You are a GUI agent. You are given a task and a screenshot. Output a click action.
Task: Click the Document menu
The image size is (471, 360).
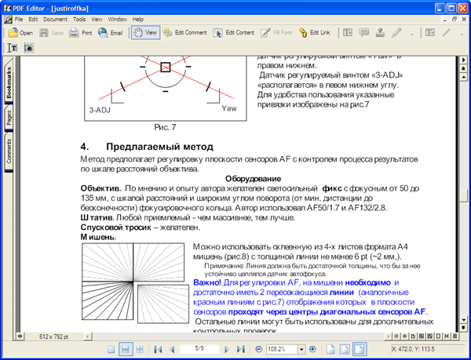click(x=55, y=18)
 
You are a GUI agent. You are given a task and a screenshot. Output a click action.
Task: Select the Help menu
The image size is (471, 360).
click(x=138, y=18)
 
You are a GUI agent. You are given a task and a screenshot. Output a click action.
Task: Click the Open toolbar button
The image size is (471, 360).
click(x=20, y=33)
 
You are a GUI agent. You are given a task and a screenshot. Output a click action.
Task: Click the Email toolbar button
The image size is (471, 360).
click(x=111, y=33)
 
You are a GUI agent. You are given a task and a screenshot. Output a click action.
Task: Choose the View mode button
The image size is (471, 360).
click(x=145, y=33)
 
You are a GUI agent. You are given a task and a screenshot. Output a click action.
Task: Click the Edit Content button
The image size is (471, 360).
click(x=234, y=33)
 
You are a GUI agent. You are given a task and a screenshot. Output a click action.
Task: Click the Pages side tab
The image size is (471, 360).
click(x=9, y=118)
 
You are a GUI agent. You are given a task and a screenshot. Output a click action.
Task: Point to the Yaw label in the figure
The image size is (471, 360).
click(x=228, y=107)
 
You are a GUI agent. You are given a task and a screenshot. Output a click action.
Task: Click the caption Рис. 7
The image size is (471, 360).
click(x=165, y=126)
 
